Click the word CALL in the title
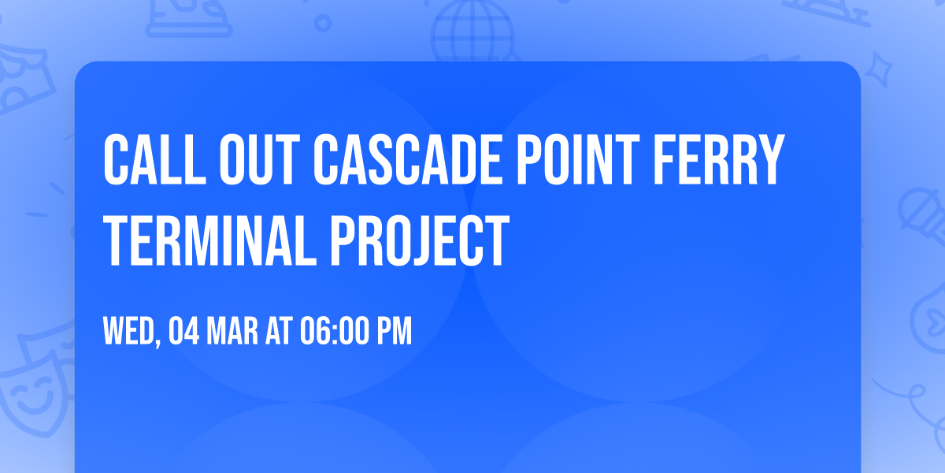pos(154,159)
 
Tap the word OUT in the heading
pos(259,159)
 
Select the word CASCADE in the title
pos(408,159)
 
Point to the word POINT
pos(578,159)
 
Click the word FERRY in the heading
pos(718,159)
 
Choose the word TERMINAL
pos(209,240)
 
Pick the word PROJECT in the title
pos(420,240)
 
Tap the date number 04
pos(183,331)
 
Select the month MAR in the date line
pos(232,331)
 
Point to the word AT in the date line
pos(279,331)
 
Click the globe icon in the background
pos(472,30)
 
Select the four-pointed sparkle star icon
pos(878,69)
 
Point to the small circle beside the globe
pos(323,23)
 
